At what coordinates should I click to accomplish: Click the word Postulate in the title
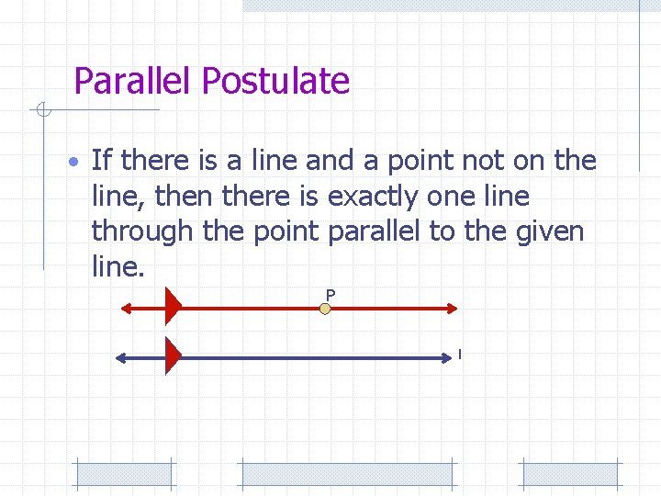(275, 82)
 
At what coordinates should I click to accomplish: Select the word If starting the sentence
(102, 161)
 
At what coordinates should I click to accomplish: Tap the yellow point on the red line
(325, 309)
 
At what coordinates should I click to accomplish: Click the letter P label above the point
(330, 294)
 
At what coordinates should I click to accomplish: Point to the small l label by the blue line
(459, 354)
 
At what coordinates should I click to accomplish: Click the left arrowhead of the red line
(128, 308)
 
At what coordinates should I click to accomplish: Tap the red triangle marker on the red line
(172, 307)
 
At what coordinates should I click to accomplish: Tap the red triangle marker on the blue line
(172, 355)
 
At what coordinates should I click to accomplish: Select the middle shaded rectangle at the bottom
(347, 474)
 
